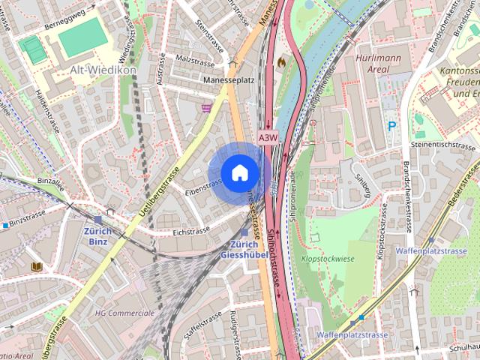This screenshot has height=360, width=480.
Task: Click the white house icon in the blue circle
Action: click(x=239, y=172)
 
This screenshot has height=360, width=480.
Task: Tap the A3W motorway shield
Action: click(x=268, y=138)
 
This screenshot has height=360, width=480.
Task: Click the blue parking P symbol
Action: click(x=391, y=127)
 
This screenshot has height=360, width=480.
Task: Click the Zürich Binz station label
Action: click(x=97, y=237)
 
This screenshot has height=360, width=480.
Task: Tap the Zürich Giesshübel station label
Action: click(x=244, y=250)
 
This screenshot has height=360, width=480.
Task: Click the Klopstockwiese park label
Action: click(x=328, y=257)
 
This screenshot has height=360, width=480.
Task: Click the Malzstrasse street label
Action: click(x=190, y=57)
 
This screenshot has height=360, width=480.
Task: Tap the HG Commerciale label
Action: click(x=124, y=313)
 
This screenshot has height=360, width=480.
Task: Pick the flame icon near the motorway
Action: click(x=282, y=62)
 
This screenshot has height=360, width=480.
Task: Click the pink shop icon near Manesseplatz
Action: click(x=206, y=108)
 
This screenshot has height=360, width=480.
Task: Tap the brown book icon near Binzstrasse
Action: click(x=36, y=266)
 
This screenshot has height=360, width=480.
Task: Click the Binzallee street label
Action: click(x=49, y=181)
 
